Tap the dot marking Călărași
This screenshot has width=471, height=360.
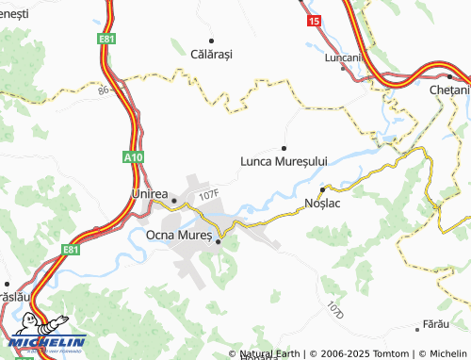pyautogui.click(x=212, y=41)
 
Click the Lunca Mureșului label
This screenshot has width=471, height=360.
pyautogui.click(x=284, y=161)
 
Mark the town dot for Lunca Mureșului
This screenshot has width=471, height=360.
pyautogui.click(x=284, y=148)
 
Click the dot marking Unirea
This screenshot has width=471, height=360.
pyautogui.click(x=147, y=200)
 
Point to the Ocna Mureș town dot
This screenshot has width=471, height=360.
pyautogui.click(x=219, y=241)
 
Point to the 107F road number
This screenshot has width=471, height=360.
pyautogui.click(x=208, y=195)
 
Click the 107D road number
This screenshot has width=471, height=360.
pyautogui.click(x=336, y=309)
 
